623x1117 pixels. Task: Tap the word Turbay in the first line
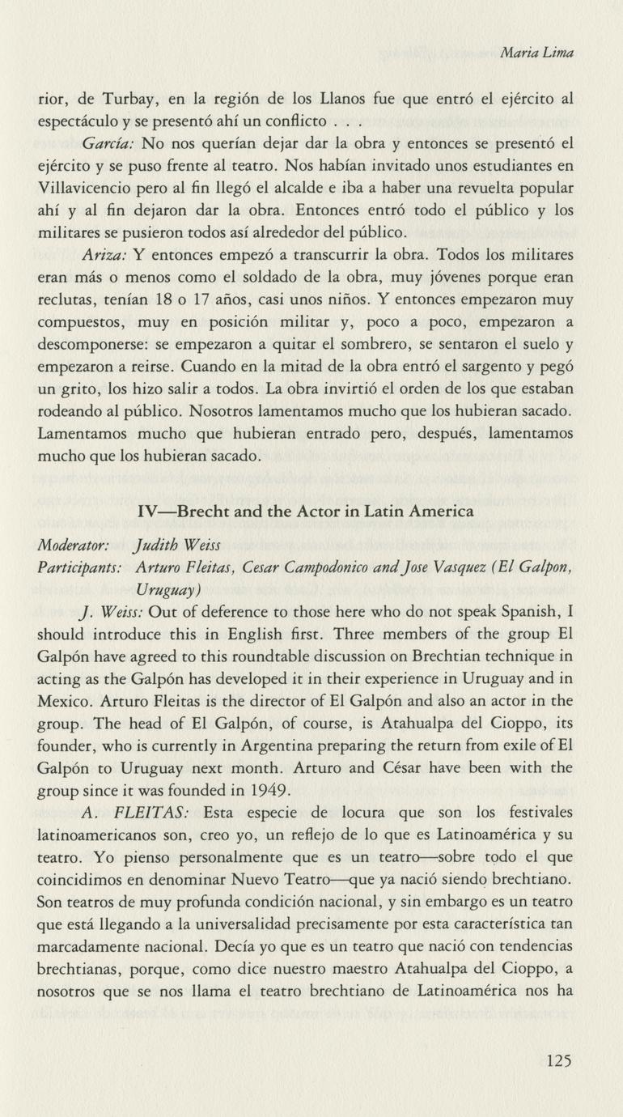pos(128,100)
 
